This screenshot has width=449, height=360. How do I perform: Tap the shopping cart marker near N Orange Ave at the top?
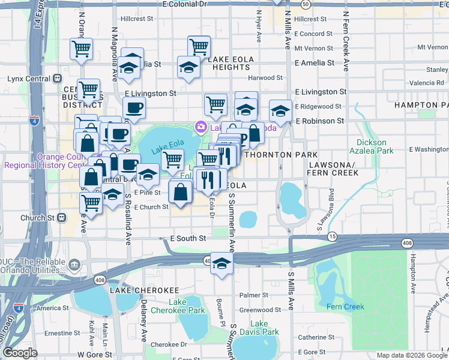point(81,49)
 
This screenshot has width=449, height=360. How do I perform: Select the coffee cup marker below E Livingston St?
point(134,108)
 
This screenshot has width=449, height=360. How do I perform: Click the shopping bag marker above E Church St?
point(181,192)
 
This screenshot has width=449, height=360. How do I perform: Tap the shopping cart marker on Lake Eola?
point(173,160)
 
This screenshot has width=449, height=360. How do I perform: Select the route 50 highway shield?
point(306,4)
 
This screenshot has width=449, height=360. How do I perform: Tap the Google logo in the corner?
point(20,353)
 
